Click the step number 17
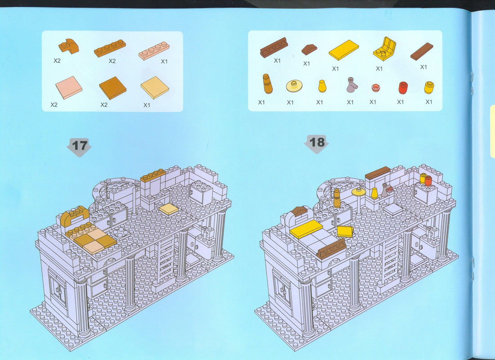click(x=80, y=145)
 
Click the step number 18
click(x=317, y=142)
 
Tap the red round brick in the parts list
click(x=403, y=88)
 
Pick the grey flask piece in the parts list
click(x=352, y=85)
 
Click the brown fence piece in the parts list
click(x=274, y=47)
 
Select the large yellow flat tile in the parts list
click(x=343, y=50)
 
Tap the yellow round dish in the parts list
click(x=294, y=86)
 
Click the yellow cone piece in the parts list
click(x=322, y=86)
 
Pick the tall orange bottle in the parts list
click(x=268, y=84)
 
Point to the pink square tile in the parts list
click(x=69, y=88)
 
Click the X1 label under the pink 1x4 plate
click(x=164, y=61)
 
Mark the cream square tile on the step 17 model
click(x=169, y=209)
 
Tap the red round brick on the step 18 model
click(x=428, y=181)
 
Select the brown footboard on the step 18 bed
click(x=331, y=249)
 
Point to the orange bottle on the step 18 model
click(x=337, y=198)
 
